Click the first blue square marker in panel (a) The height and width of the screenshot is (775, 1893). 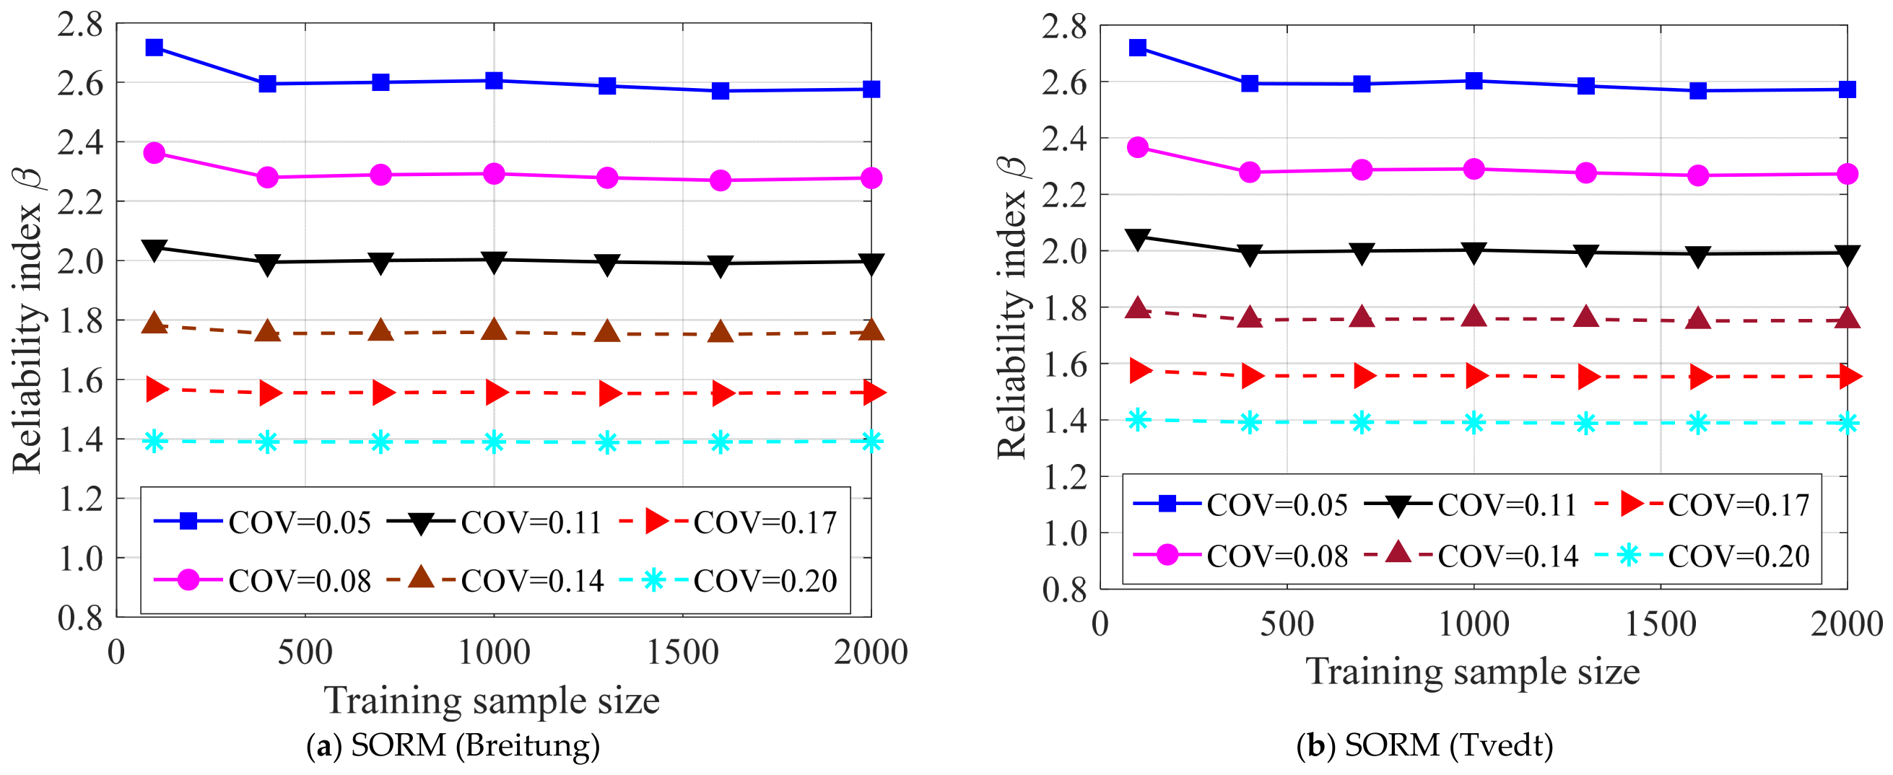pyautogui.click(x=155, y=48)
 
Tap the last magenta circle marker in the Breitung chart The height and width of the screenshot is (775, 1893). pyautogui.click(x=871, y=178)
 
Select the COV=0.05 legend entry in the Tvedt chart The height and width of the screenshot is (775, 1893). pyautogui.click(x=1240, y=504)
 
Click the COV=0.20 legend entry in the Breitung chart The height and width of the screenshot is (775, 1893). pyautogui.click(x=728, y=581)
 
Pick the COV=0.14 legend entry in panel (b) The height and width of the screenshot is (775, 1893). pyautogui.click(x=1471, y=556)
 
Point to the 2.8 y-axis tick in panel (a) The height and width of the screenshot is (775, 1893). pyautogui.click(x=80, y=25)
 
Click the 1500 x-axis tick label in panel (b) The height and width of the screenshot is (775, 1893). pyautogui.click(x=1660, y=624)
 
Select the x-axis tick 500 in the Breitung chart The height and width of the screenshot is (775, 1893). pyautogui.click(x=305, y=652)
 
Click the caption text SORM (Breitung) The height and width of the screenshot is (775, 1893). pyautogui.click(x=475, y=745)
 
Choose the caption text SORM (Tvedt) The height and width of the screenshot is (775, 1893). pyautogui.click(x=1448, y=745)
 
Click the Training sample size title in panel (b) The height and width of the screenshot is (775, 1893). pyautogui.click(x=1473, y=671)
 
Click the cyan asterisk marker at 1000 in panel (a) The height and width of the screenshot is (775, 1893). pyautogui.click(x=494, y=442)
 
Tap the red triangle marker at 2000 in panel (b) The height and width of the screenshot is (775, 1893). pyautogui.click(x=1848, y=377)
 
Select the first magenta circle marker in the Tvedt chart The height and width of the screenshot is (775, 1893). pyautogui.click(x=1138, y=148)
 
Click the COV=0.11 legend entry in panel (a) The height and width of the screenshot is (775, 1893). pyautogui.click(x=495, y=522)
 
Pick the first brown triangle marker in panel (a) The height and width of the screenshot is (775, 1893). pyautogui.click(x=155, y=323)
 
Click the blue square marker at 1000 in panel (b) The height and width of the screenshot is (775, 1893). pyautogui.click(x=1474, y=81)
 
